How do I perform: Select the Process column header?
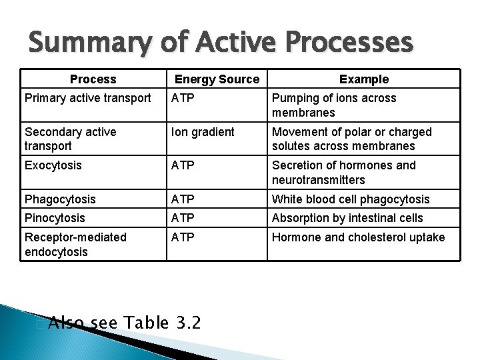93,79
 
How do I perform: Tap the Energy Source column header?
217,79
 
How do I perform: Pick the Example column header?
364,79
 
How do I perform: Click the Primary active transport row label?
88,98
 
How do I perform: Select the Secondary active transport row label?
70,139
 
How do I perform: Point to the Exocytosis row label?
53,165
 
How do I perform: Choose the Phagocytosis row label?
60,199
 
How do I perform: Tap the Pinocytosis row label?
55,218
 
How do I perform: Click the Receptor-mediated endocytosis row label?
75,244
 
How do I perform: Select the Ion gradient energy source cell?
203,132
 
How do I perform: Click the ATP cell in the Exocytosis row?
183,165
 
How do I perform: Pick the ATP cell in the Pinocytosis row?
183,218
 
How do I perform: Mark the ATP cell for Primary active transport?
183,98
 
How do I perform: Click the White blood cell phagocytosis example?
351,199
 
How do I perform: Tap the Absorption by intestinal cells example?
347,218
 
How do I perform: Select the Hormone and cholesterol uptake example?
358,237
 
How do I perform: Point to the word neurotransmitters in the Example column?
319,180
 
